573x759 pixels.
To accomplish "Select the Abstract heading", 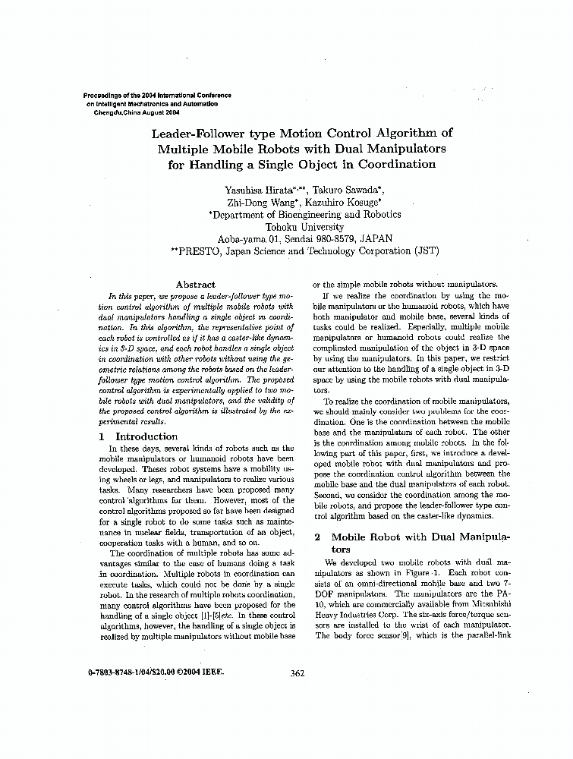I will (195, 285).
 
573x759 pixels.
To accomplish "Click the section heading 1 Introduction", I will (139, 436).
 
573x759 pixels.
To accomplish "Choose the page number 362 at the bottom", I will (298, 672).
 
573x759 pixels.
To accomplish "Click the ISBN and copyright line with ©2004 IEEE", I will (151, 672).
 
